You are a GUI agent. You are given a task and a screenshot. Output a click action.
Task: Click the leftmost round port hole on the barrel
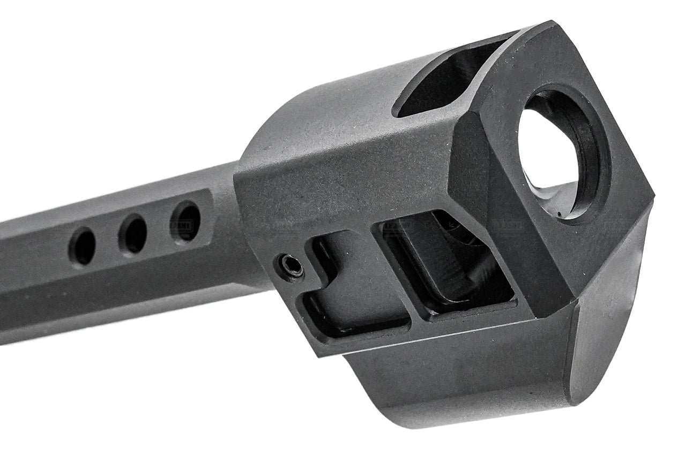[x=83, y=246]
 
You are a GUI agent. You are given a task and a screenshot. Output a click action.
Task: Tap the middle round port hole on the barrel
[x=133, y=234]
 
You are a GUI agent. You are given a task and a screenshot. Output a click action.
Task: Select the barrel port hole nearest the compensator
[x=185, y=220]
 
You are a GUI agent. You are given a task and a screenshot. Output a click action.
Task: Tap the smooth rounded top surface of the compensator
[x=343, y=118]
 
